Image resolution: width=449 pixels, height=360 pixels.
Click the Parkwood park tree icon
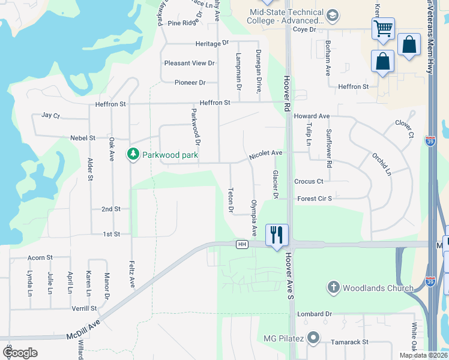[x=133, y=155]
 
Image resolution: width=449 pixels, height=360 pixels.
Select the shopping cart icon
[x=382, y=28]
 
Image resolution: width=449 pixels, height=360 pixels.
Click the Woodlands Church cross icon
[x=334, y=287]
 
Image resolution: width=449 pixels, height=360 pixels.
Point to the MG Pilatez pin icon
[x=313, y=338]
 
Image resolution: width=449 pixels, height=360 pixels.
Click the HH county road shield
[x=242, y=244]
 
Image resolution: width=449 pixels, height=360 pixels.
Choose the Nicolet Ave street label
[x=266, y=154]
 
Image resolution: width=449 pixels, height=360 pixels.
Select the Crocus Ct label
[x=309, y=181]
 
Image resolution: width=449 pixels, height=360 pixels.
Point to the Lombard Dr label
[x=315, y=314]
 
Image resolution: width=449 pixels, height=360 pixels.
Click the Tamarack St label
[x=349, y=342]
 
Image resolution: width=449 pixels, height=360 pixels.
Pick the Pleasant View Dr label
[x=189, y=63]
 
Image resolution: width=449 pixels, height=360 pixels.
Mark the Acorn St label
[x=40, y=257]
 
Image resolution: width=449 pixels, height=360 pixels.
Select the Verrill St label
[x=85, y=308]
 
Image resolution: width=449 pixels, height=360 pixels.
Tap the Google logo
[x=20, y=353]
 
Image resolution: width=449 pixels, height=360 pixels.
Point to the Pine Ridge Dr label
[x=182, y=23]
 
